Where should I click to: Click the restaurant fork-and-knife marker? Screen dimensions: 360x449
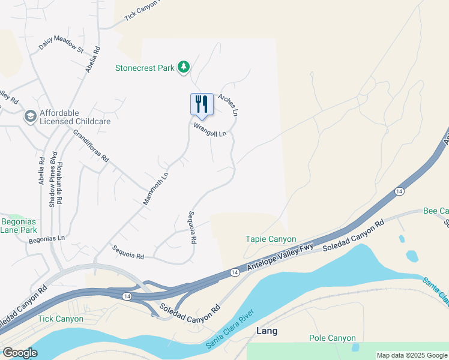202,104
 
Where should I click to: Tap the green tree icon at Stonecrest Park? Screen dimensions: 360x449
184,67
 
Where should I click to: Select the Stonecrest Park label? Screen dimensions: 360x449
145,68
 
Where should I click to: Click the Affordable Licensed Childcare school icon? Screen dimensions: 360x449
29,115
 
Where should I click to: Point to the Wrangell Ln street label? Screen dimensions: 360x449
209,130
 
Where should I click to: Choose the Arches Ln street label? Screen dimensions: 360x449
229,104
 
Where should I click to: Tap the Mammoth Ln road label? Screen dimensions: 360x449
155,188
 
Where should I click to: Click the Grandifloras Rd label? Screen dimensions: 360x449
91,146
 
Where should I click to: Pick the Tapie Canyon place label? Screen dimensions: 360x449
271,239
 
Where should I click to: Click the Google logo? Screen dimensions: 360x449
20,353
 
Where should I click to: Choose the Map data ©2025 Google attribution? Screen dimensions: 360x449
411,355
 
